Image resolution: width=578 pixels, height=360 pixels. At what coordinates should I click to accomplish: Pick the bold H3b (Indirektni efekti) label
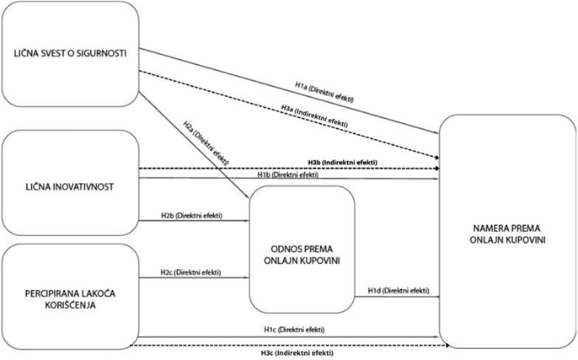(x=341, y=162)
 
